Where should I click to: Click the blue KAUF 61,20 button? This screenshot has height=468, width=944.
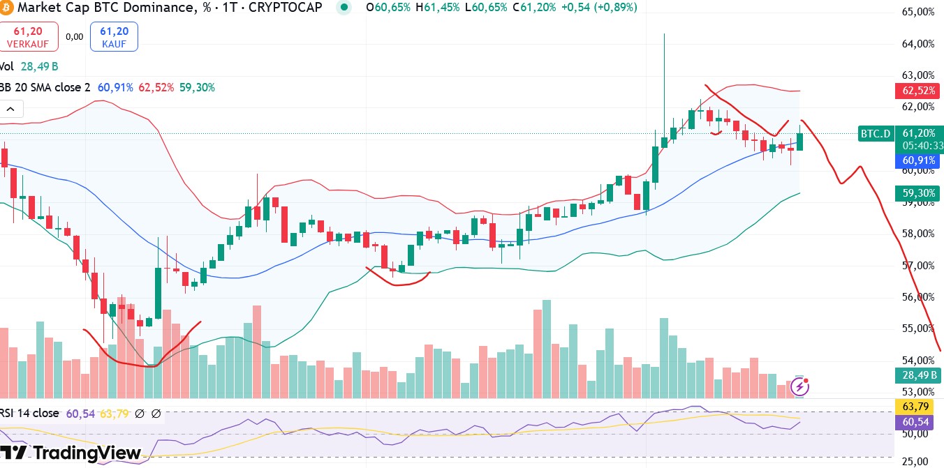point(114,36)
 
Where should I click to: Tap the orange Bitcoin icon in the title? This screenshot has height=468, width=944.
point(6,8)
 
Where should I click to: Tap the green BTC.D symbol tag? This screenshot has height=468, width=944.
point(876,134)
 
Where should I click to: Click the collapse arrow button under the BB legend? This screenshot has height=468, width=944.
point(12,109)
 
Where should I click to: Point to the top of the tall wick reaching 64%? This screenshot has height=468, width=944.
point(664,34)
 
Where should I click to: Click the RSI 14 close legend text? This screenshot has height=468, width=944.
point(31,414)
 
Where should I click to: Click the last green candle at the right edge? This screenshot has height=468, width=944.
point(800,142)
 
